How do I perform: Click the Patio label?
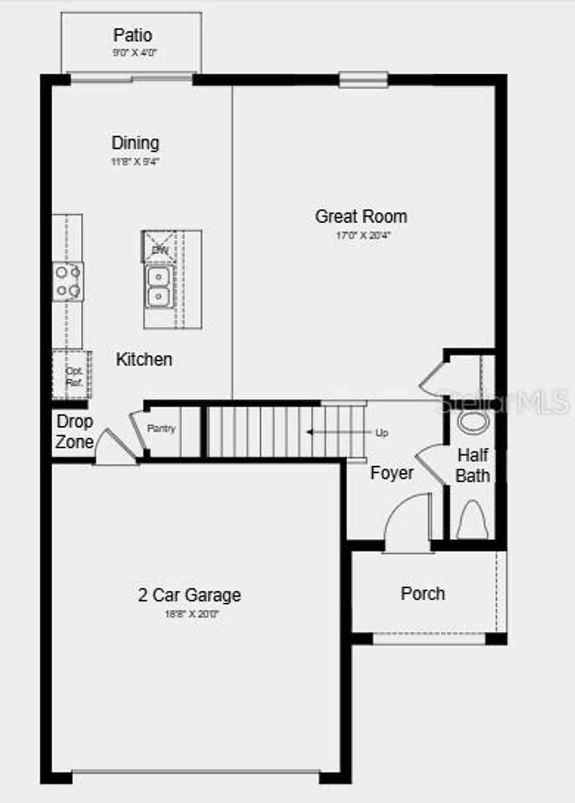tap(133, 35)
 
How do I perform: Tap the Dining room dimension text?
tap(135, 162)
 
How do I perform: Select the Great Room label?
tap(361, 216)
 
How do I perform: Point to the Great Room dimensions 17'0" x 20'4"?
tap(363, 236)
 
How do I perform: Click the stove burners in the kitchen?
tap(68, 282)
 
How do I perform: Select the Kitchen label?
tap(144, 359)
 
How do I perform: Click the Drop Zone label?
tap(75, 432)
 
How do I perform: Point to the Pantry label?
tap(161, 429)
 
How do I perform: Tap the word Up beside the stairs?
tap(382, 433)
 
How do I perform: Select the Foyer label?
tap(392, 473)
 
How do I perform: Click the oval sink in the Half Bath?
tap(473, 422)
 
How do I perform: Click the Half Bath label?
tap(473, 465)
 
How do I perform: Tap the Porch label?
tap(423, 594)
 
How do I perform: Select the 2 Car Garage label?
tap(190, 595)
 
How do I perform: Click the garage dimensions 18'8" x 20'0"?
tap(191, 614)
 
